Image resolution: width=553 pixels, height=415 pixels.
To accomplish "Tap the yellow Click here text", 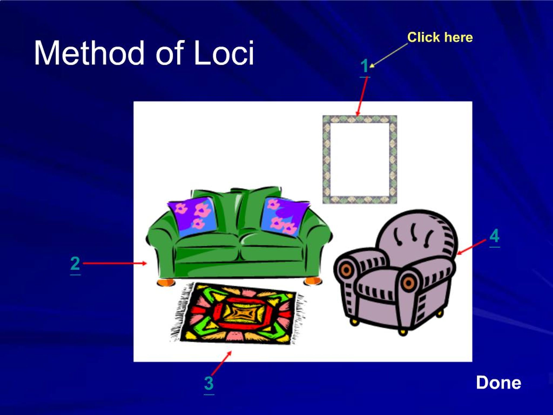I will coord(440,37).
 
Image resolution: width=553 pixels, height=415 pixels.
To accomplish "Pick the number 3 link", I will coord(209,383).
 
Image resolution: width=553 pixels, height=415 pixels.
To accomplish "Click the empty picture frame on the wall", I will coord(360,159).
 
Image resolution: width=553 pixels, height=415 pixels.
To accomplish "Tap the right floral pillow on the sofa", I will coord(285,216).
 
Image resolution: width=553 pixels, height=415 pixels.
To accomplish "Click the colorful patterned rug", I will coord(237,313).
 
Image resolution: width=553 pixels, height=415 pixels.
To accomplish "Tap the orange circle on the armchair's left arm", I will coord(346,270).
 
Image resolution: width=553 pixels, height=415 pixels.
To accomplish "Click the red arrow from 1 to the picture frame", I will coord(362,96).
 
